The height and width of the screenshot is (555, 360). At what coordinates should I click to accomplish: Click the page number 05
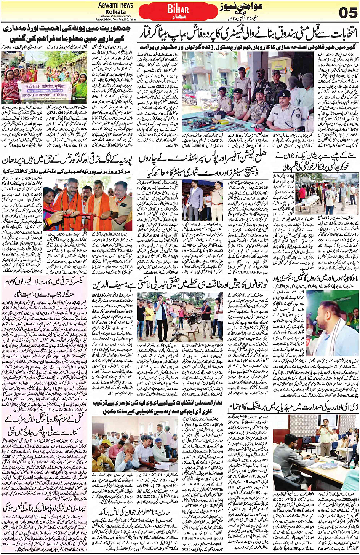click(347, 12)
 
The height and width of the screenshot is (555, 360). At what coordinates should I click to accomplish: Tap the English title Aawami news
click(115, 5)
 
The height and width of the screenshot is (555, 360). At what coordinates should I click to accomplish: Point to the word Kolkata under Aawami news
click(115, 12)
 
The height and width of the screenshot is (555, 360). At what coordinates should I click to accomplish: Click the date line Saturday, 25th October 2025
click(115, 16)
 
